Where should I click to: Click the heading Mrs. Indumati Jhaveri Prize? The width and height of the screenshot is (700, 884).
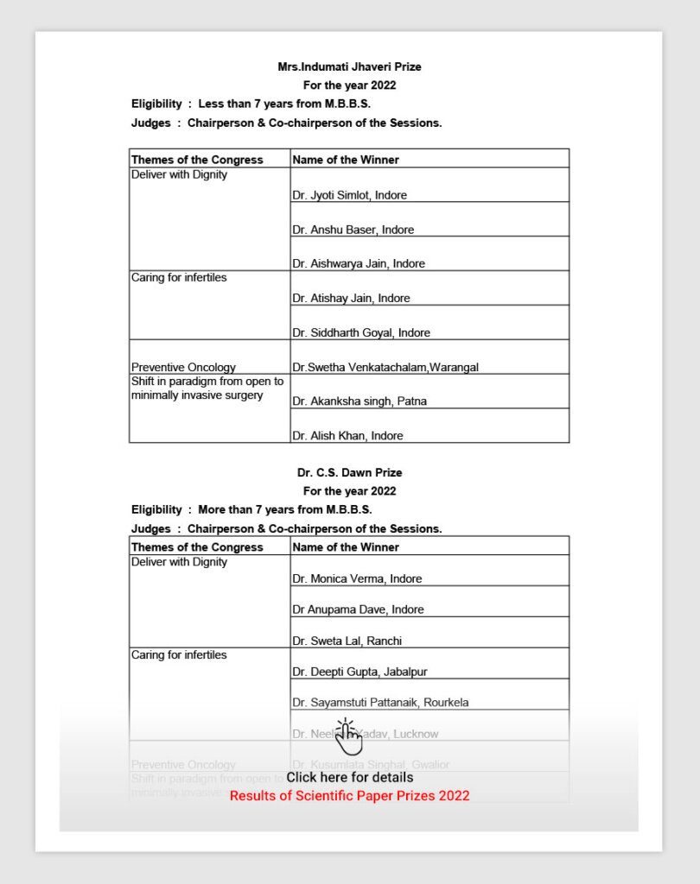[349, 66]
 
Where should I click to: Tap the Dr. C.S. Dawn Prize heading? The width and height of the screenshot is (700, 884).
[349, 472]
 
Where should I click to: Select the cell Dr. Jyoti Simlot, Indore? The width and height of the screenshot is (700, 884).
[349, 195]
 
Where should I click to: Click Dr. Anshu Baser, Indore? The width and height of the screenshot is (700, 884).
[353, 230]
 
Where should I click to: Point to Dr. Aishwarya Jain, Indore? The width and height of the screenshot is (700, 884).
[358, 263]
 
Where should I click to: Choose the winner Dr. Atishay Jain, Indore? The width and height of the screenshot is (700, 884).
[351, 298]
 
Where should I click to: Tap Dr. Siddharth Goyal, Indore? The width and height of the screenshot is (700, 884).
[360, 332]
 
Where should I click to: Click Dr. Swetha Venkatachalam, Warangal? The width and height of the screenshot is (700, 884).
[385, 367]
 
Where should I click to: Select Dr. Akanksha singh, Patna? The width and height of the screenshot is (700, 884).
[359, 401]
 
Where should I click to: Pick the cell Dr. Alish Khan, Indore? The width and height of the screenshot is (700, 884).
[347, 436]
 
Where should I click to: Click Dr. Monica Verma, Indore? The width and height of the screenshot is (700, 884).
[357, 578]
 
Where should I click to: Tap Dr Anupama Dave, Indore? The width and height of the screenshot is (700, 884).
[358, 609]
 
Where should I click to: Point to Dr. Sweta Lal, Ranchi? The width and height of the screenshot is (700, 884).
[347, 641]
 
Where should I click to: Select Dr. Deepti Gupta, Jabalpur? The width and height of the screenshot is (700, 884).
[360, 672]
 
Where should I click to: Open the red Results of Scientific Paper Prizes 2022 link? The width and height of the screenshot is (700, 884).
[349, 795]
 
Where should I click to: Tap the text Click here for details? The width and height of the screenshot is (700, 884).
[349, 777]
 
